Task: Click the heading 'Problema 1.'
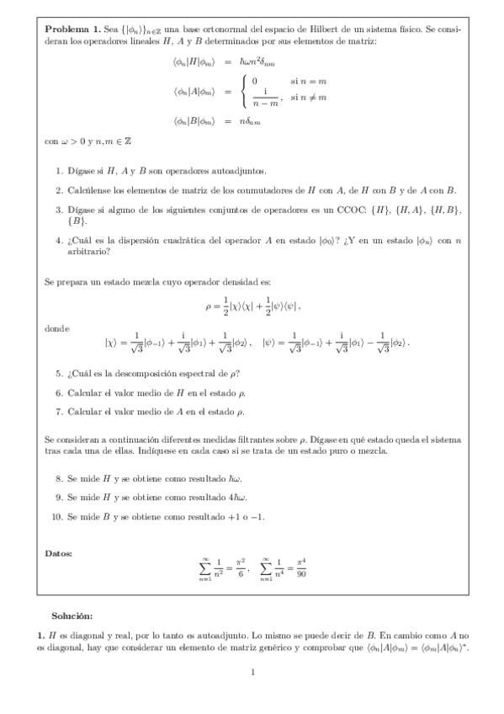tap(68, 29)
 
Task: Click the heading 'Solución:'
tap(71, 616)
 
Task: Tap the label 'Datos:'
tap(59, 552)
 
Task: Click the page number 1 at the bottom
tap(252, 671)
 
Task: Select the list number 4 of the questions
tap(59, 240)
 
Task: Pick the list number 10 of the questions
tap(57, 516)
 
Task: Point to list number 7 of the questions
tap(59, 412)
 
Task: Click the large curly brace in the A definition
tap(244, 92)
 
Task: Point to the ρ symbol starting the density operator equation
tap(209, 306)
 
